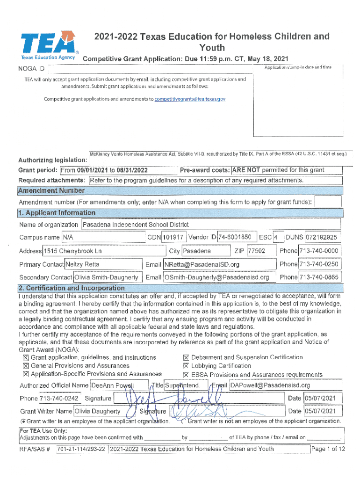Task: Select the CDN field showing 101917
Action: [174, 238]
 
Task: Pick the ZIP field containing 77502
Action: [257, 251]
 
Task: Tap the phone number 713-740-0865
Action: [319, 277]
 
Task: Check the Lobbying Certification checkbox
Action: [186, 366]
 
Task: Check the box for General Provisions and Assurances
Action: [26, 366]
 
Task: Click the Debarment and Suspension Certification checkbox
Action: [186, 357]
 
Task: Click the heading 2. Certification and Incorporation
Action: [72, 288]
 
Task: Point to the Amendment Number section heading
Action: [51, 190]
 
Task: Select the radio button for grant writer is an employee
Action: [23, 421]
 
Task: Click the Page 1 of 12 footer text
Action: [328, 449]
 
